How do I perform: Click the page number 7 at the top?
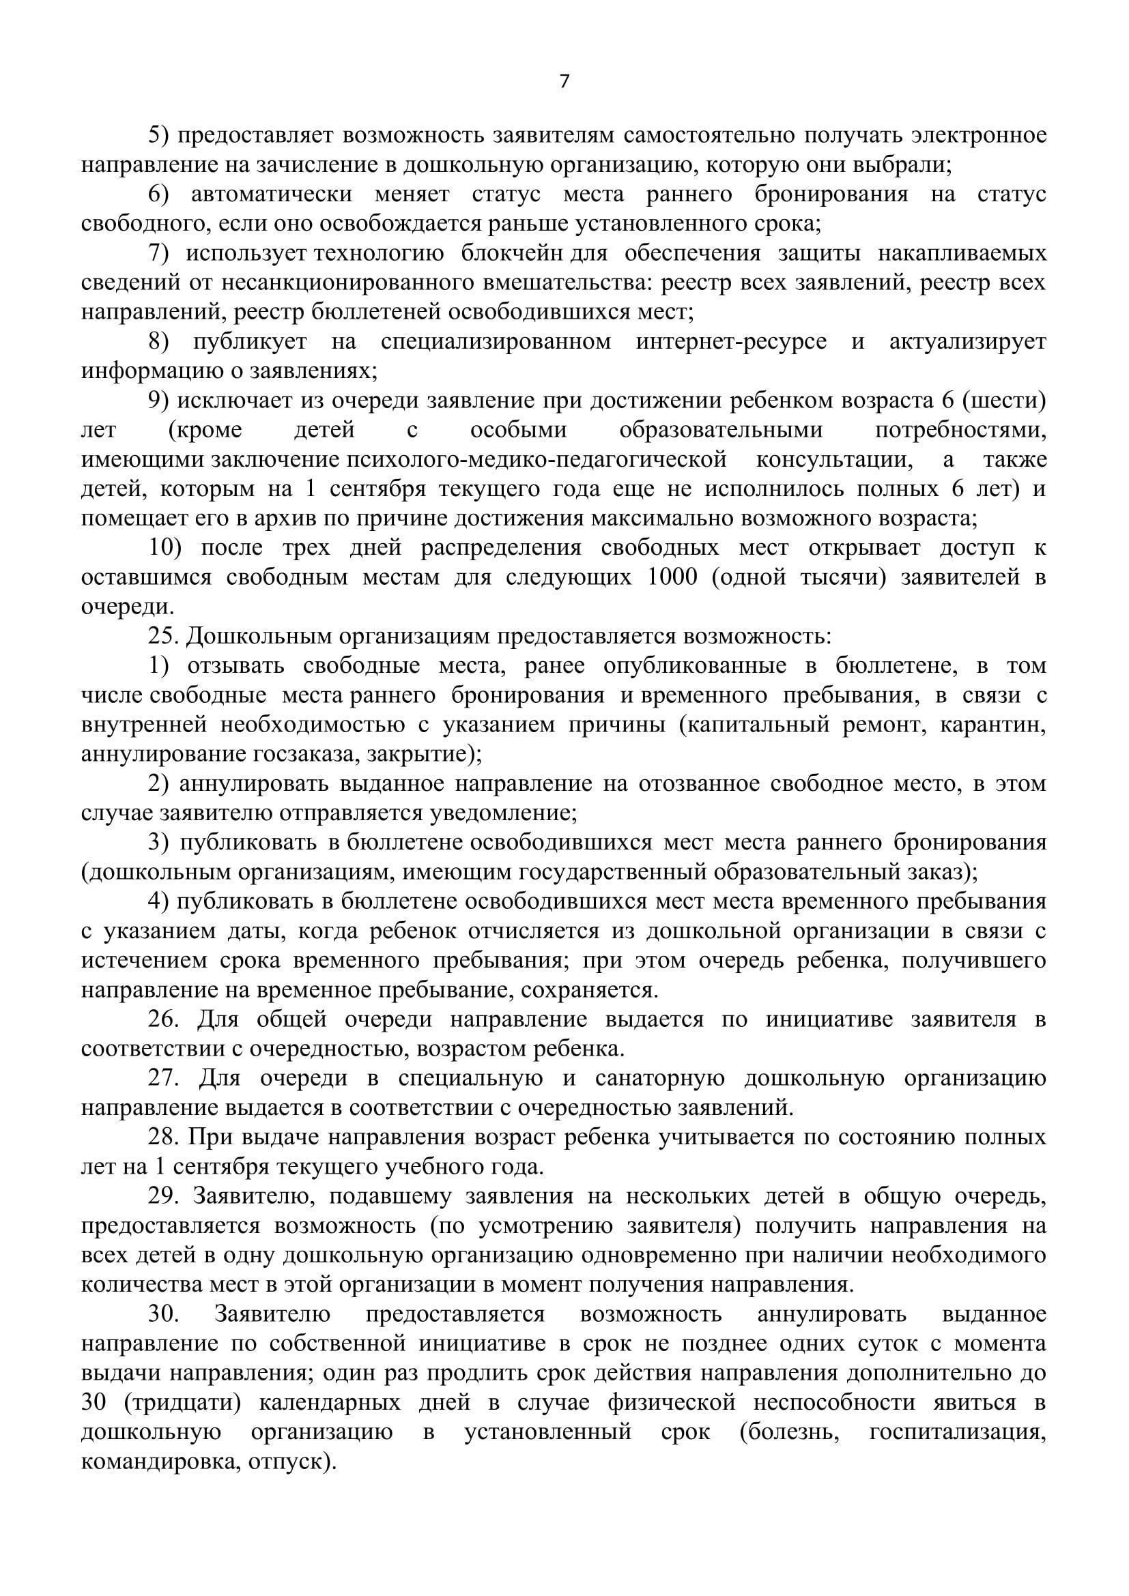pos(564,82)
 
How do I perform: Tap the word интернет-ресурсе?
pos(731,341)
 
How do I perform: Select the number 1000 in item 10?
pos(672,577)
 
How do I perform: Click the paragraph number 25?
pos(163,636)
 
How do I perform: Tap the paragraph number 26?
pos(163,1019)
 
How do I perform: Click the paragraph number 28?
pos(163,1137)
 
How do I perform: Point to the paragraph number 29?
pos(163,1196)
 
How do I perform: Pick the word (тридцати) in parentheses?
pos(182,1402)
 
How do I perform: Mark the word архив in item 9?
pos(248,519)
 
